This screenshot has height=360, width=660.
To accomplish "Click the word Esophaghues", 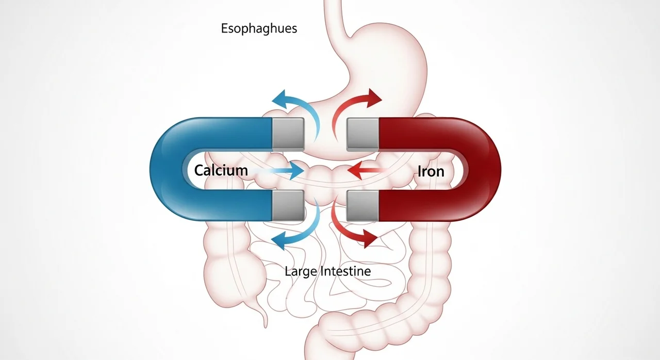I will [259, 28].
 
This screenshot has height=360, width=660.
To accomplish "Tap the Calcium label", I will [221, 170].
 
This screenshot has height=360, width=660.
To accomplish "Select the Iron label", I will [431, 171].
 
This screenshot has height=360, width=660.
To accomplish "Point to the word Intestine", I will [344, 270].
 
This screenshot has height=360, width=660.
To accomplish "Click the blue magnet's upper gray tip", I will [288, 134].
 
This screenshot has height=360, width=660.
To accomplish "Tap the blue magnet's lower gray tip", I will [288, 206].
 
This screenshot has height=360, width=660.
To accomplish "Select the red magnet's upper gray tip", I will [363, 134].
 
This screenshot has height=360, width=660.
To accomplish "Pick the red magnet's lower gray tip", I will [363, 206].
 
